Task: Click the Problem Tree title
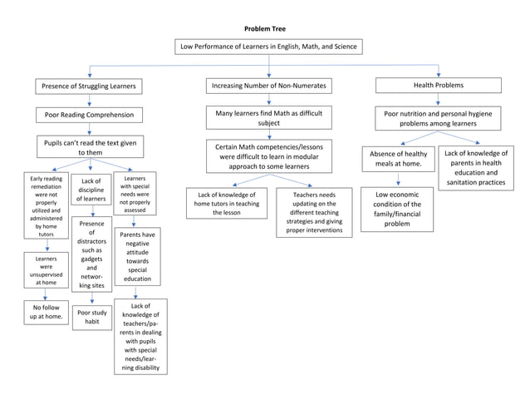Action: pos(265,29)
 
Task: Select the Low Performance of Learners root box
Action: pos(268,47)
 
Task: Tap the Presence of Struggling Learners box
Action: pos(89,86)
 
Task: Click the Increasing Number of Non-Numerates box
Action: pos(269,86)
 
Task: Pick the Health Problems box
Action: pos(439,85)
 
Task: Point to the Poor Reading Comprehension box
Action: pos(89,115)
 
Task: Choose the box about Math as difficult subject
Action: pos(269,116)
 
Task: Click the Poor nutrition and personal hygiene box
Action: pos(438,117)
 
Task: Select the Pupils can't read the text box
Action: pos(89,147)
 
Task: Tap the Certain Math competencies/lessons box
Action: pos(269,156)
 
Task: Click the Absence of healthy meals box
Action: pos(398,159)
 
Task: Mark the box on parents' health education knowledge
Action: pos(474,167)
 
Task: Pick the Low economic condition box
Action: pos(397,209)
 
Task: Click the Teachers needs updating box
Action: pos(314,213)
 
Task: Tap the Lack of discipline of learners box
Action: pos(91,190)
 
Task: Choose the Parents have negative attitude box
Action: pos(137,258)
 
